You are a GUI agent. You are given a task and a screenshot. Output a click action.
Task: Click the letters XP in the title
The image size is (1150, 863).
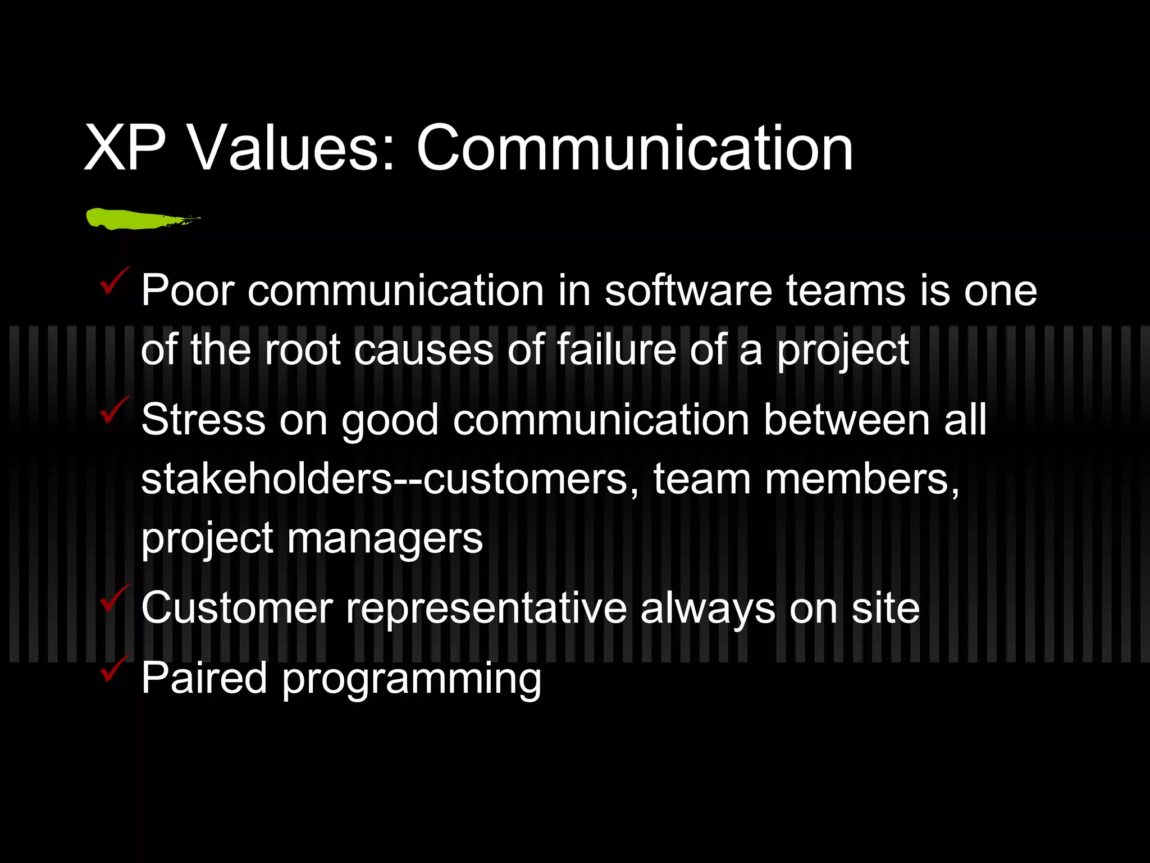[x=125, y=149]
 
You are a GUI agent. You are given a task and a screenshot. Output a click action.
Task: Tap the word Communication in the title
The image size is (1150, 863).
[x=635, y=149]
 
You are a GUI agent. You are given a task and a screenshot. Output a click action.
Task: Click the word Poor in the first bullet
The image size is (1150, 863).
[x=187, y=290]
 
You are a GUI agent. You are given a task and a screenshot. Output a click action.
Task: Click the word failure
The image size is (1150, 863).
[x=616, y=349]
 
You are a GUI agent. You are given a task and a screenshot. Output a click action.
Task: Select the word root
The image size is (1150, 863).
[x=303, y=349]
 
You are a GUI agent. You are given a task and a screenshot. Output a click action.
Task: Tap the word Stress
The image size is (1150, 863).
[x=203, y=420]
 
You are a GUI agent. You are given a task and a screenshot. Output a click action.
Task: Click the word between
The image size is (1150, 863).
[x=846, y=420]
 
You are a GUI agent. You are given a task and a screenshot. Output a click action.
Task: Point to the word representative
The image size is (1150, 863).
[x=486, y=608]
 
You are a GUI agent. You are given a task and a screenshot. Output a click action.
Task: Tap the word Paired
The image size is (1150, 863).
[x=204, y=678]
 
